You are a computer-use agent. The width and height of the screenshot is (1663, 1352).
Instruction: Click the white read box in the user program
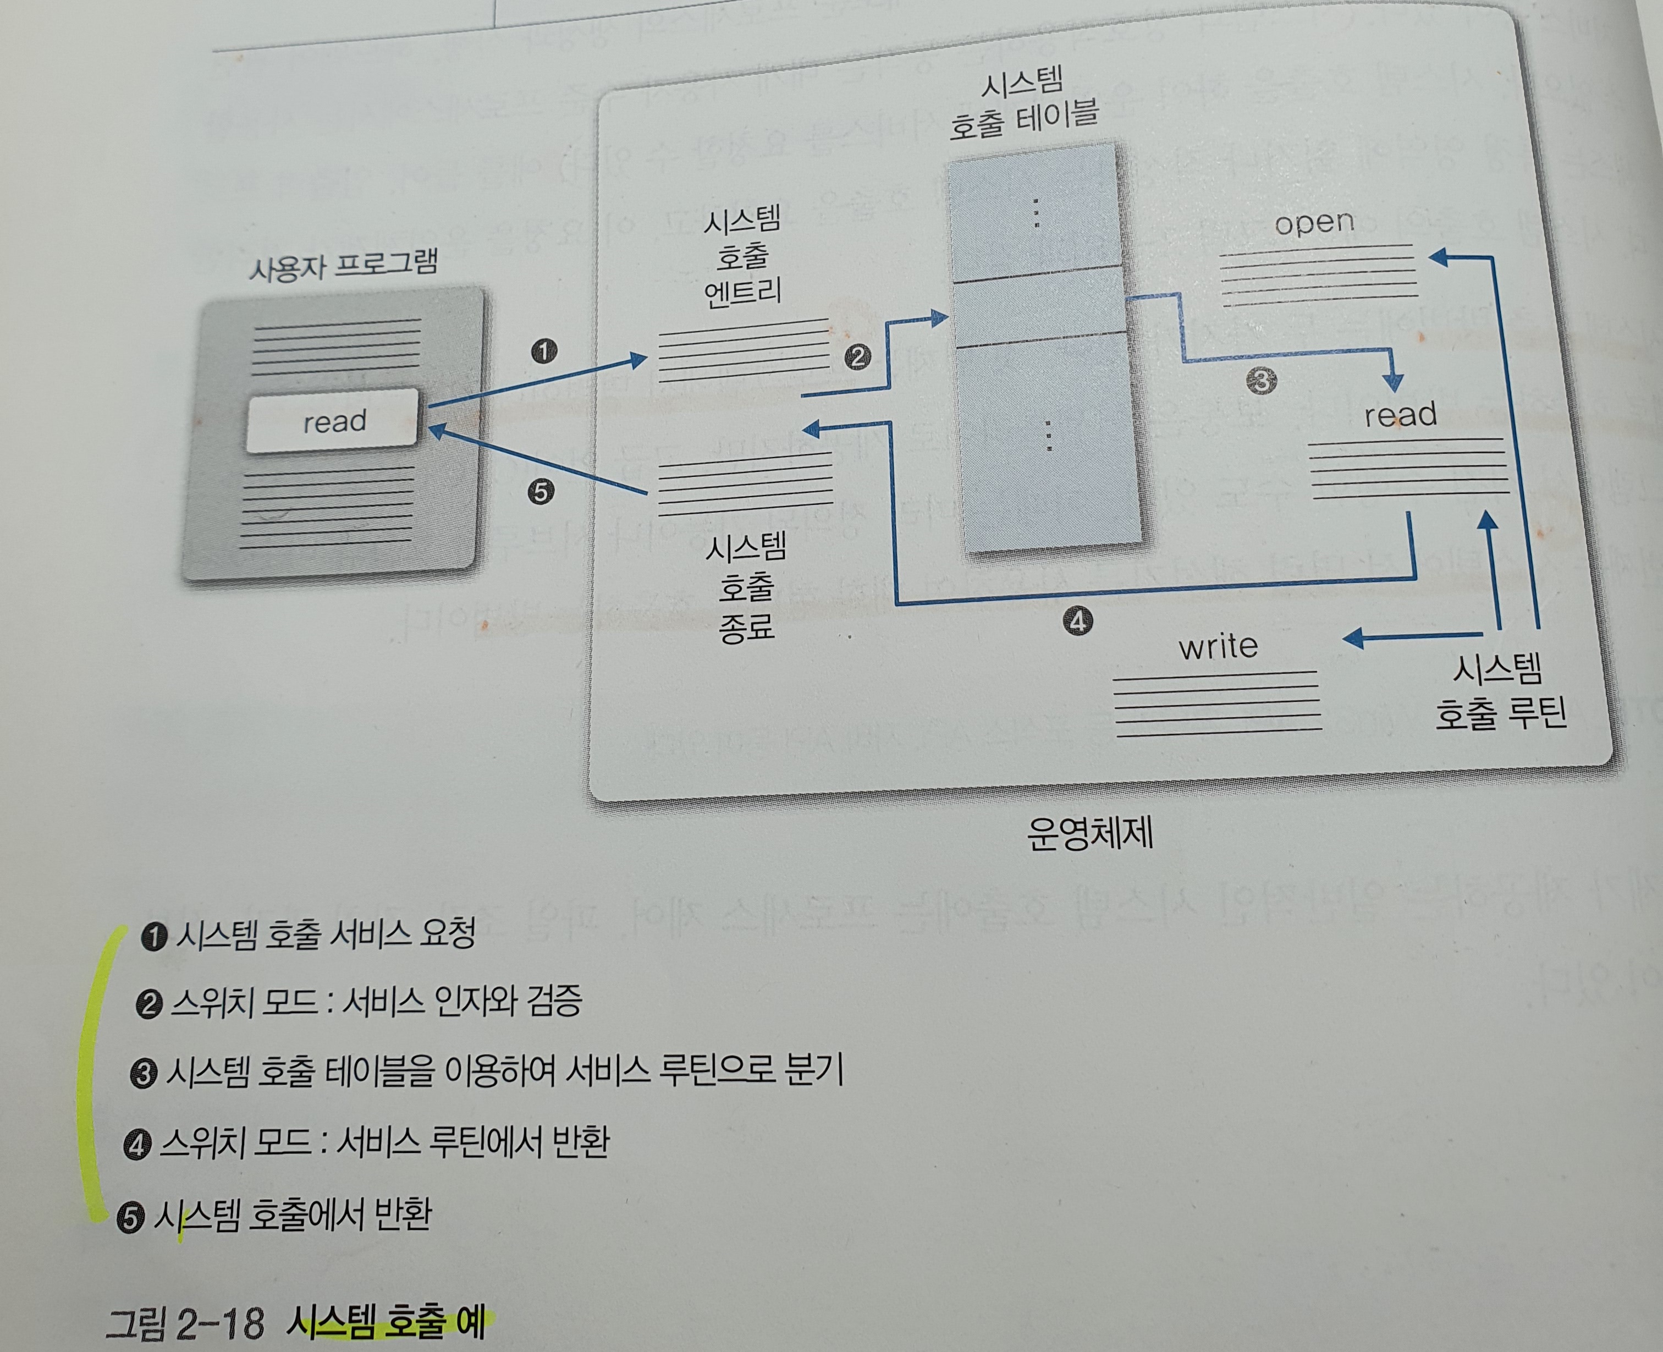333,421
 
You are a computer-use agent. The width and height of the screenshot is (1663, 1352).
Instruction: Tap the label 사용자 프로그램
343,265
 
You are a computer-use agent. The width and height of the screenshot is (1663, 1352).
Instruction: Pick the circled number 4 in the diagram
1078,622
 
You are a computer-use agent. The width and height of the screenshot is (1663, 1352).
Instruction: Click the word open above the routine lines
1314,223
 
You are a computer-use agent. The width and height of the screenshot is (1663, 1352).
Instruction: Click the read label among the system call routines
1400,414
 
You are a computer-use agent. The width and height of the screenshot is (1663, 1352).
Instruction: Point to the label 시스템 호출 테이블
1023,103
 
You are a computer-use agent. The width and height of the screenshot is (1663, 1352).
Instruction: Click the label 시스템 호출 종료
746,587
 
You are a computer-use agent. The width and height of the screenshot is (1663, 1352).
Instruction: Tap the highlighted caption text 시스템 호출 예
386,1321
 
